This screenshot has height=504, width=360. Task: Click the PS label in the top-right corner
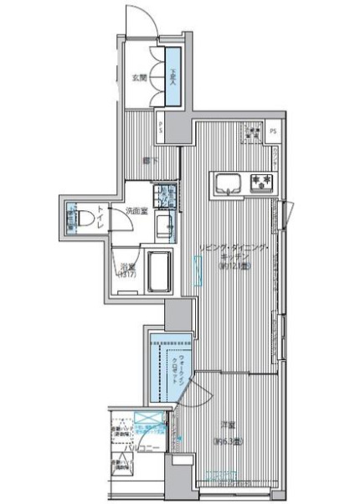click(274, 131)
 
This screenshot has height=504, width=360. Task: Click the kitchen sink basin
click(229, 181)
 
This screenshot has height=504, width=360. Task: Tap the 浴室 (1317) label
click(127, 270)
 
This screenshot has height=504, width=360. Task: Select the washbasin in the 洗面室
click(165, 224)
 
